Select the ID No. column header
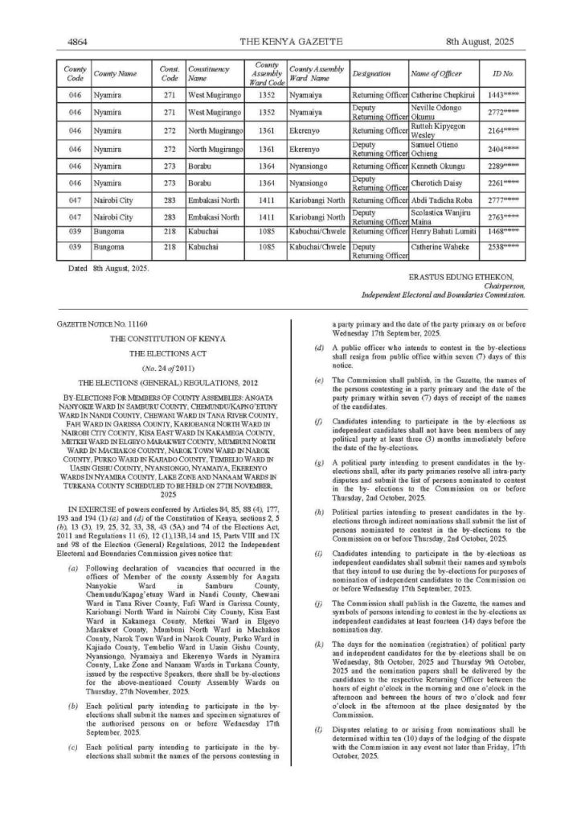502,73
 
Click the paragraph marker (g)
319,464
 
